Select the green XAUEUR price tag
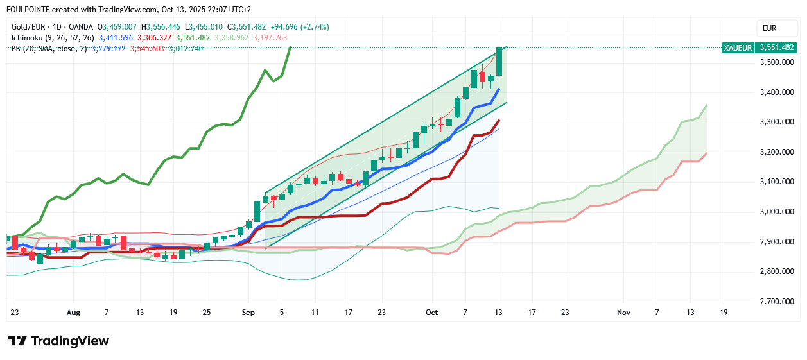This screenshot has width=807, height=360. [758, 47]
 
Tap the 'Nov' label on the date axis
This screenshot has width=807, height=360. [623, 313]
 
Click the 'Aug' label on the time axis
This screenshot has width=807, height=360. [73, 313]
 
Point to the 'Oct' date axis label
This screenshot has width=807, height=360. [431, 313]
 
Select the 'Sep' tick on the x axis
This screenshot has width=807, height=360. [248, 313]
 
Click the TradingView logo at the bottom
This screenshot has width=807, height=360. [58, 341]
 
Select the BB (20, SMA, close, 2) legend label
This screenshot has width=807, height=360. [49, 48]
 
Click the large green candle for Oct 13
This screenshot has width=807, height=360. [499, 63]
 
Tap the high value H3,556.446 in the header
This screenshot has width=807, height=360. [164, 27]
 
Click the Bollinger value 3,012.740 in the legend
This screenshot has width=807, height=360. [186, 48]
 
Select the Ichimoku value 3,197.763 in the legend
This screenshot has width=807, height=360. [270, 38]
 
